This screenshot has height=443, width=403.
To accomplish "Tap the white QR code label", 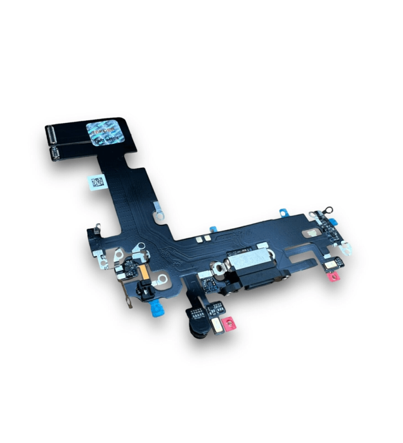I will tap(96, 182).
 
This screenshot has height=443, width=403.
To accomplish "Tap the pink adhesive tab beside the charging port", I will tap(333, 276).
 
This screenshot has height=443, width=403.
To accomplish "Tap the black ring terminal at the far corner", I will tap(328, 211).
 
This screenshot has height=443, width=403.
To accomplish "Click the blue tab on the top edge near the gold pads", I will tap(213, 229).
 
